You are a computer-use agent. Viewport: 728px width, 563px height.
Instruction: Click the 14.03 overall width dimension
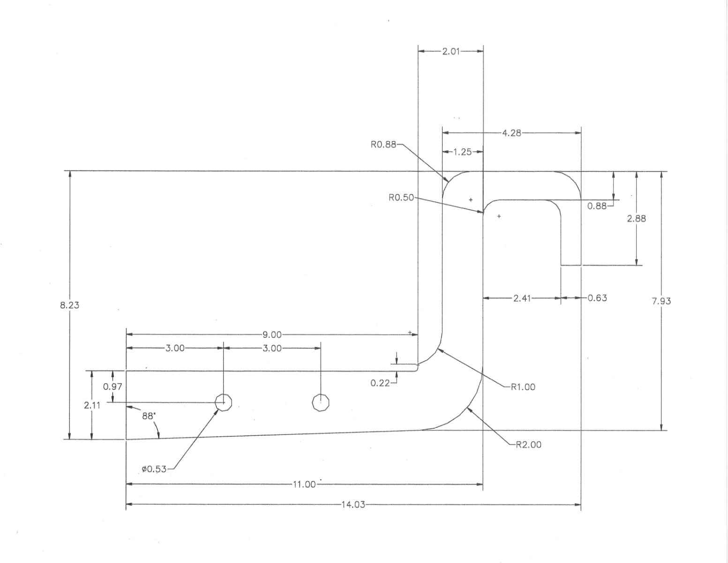(353, 505)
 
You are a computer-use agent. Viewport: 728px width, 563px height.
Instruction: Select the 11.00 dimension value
(304, 484)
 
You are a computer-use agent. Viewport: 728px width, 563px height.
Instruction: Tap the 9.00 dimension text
(272, 335)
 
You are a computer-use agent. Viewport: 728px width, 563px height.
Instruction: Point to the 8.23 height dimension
(70, 305)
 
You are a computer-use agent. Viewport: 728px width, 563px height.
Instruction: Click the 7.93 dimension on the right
(661, 301)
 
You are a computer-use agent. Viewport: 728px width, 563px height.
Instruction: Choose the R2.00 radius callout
(528, 444)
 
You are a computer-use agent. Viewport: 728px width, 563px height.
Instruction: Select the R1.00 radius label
(523, 387)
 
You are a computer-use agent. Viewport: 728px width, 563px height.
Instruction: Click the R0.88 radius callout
(383, 145)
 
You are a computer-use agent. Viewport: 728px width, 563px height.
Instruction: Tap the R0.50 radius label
(401, 198)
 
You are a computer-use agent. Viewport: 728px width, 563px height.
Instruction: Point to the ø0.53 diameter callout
(154, 468)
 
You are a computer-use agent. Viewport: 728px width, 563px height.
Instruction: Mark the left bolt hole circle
(224, 402)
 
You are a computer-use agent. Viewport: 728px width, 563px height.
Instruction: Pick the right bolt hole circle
(321, 402)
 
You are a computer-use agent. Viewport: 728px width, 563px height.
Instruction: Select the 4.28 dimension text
(511, 133)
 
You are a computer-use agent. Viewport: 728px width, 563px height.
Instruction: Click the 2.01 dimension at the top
(451, 51)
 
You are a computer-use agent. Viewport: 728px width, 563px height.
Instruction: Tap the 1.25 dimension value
(462, 152)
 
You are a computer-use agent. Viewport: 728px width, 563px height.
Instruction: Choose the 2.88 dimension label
(636, 218)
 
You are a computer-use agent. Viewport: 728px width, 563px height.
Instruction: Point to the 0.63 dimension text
(597, 297)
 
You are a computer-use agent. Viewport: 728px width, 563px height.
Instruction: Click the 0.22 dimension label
(380, 383)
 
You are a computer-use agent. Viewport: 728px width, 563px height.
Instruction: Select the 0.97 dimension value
(113, 387)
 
